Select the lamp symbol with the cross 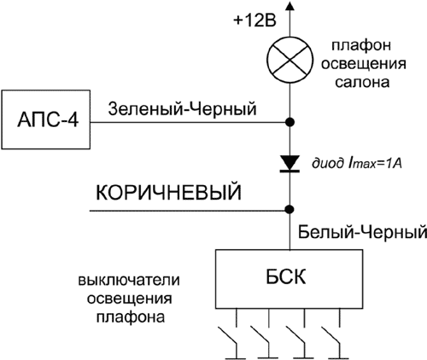[290, 61]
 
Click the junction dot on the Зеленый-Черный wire [290, 122]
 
